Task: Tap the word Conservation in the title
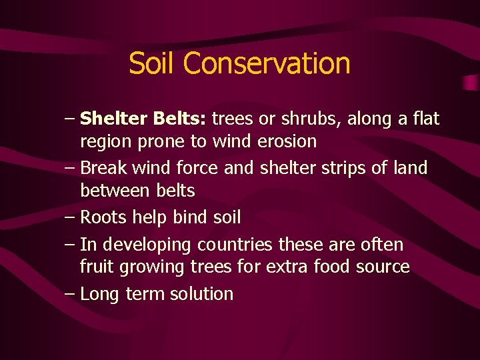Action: [x=267, y=63]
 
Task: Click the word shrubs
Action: [x=305, y=119]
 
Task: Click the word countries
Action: [x=239, y=245]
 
